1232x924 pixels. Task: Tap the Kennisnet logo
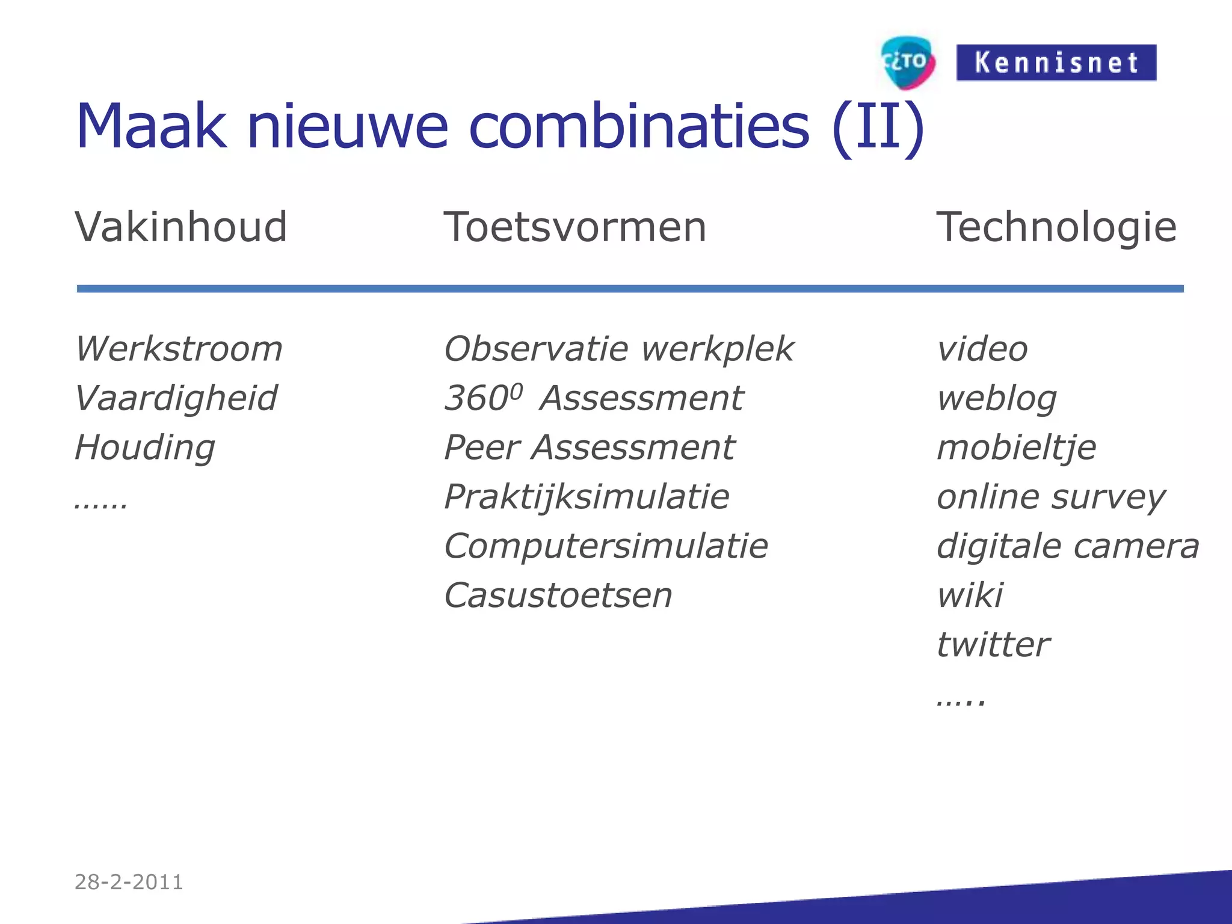click(x=1056, y=63)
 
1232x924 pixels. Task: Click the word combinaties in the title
click(x=639, y=126)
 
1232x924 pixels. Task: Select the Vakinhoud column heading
click(x=181, y=227)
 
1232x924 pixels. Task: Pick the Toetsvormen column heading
click(x=574, y=227)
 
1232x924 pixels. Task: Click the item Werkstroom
click(x=179, y=349)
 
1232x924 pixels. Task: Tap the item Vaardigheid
click(x=176, y=398)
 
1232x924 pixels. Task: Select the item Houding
click(x=144, y=448)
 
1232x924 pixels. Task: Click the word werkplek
click(x=717, y=349)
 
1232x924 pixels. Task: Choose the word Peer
click(x=482, y=448)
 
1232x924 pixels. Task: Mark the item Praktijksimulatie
click(x=587, y=497)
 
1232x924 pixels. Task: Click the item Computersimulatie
click(x=606, y=546)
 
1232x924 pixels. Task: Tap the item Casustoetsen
click(x=558, y=596)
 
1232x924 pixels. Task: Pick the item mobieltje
click(x=1017, y=448)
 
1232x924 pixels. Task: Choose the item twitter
click(x=993, y=645)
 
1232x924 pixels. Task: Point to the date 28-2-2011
click(x=129, y=882)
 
